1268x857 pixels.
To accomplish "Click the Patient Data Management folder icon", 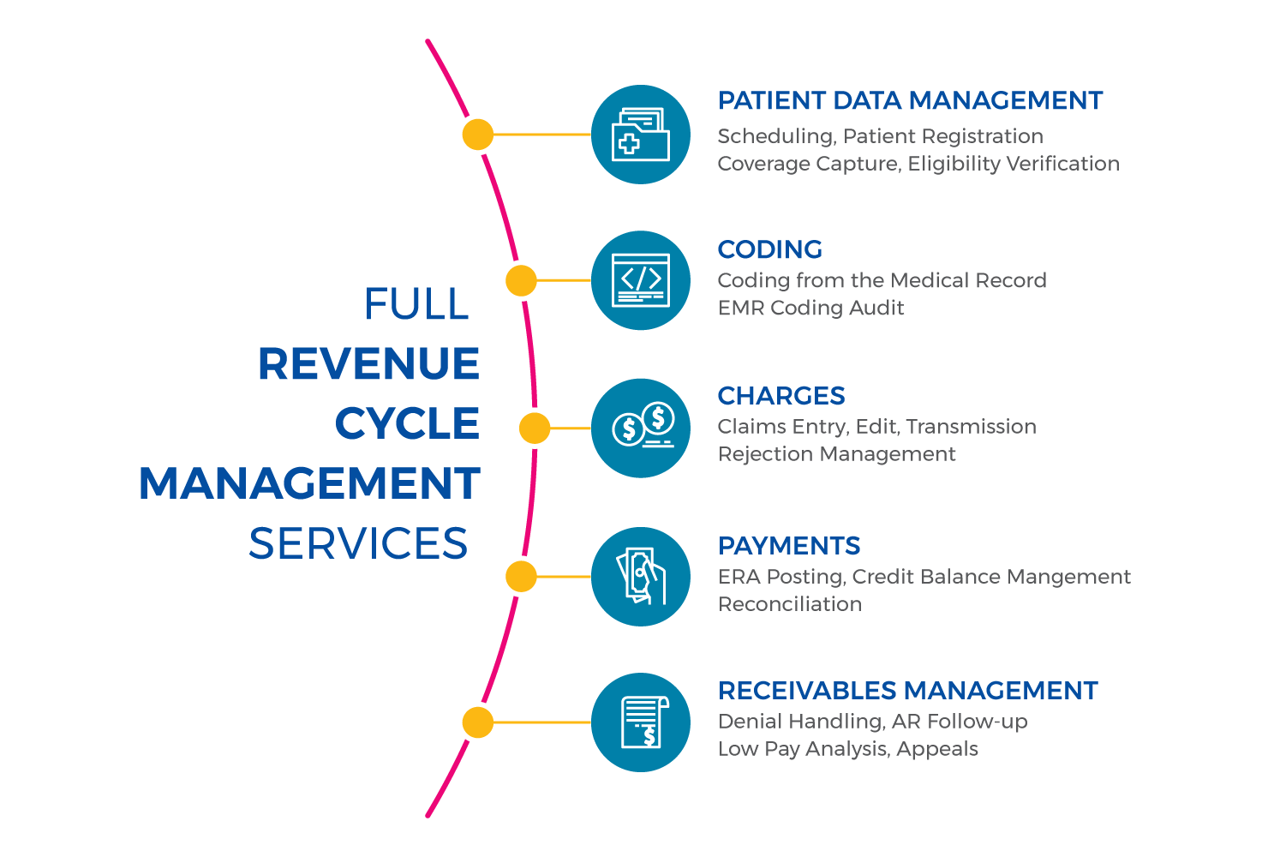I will pyautogui.click(x=641, y=135).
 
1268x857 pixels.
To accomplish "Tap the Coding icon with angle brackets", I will pyautogui.click(x=641, y=280).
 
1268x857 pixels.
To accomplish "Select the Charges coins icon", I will pyautogui.click(x=641, y=428).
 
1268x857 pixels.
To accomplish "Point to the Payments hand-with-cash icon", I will pyautogui.click(x=641, y=576).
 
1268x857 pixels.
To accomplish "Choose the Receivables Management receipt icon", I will pyautogui.click(x=641, y=722).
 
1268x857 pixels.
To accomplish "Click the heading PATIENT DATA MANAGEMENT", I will pyautogui.click(x=910, y=101).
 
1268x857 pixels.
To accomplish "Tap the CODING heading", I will pyautogui.click(x=769, y=249).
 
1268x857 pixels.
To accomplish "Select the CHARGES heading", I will pyautogui.click(x=781, y=396).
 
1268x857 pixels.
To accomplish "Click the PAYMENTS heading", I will pyautogui.click(x=789, y=546).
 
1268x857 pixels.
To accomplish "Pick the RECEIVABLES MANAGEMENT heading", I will pyautogui.click(x=907, y=691).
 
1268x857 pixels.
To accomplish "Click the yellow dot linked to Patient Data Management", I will pyautogui.click(x=477, y=135).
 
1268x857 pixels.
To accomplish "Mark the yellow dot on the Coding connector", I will pyautogui.click(x=521, y=280).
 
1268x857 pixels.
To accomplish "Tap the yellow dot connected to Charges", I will pyautogui.click(x=535, y=428).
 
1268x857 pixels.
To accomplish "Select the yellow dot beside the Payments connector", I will pyautogui.click(x=521, y=577).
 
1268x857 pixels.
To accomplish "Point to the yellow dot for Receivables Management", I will pyautogui.click(x=477, y=722).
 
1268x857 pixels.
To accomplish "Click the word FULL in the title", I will pyautogui.click(x=416, y=304).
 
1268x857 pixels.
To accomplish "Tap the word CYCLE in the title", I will pyautogui.click(x=407, y=424).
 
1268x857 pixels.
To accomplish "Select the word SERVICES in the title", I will pyautogui.click(x=358, y=544).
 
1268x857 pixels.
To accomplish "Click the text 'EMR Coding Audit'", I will pyautogui.click(x=810, y=308).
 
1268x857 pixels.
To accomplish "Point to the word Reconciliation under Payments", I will pyautogui.click(x=790, y=604).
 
